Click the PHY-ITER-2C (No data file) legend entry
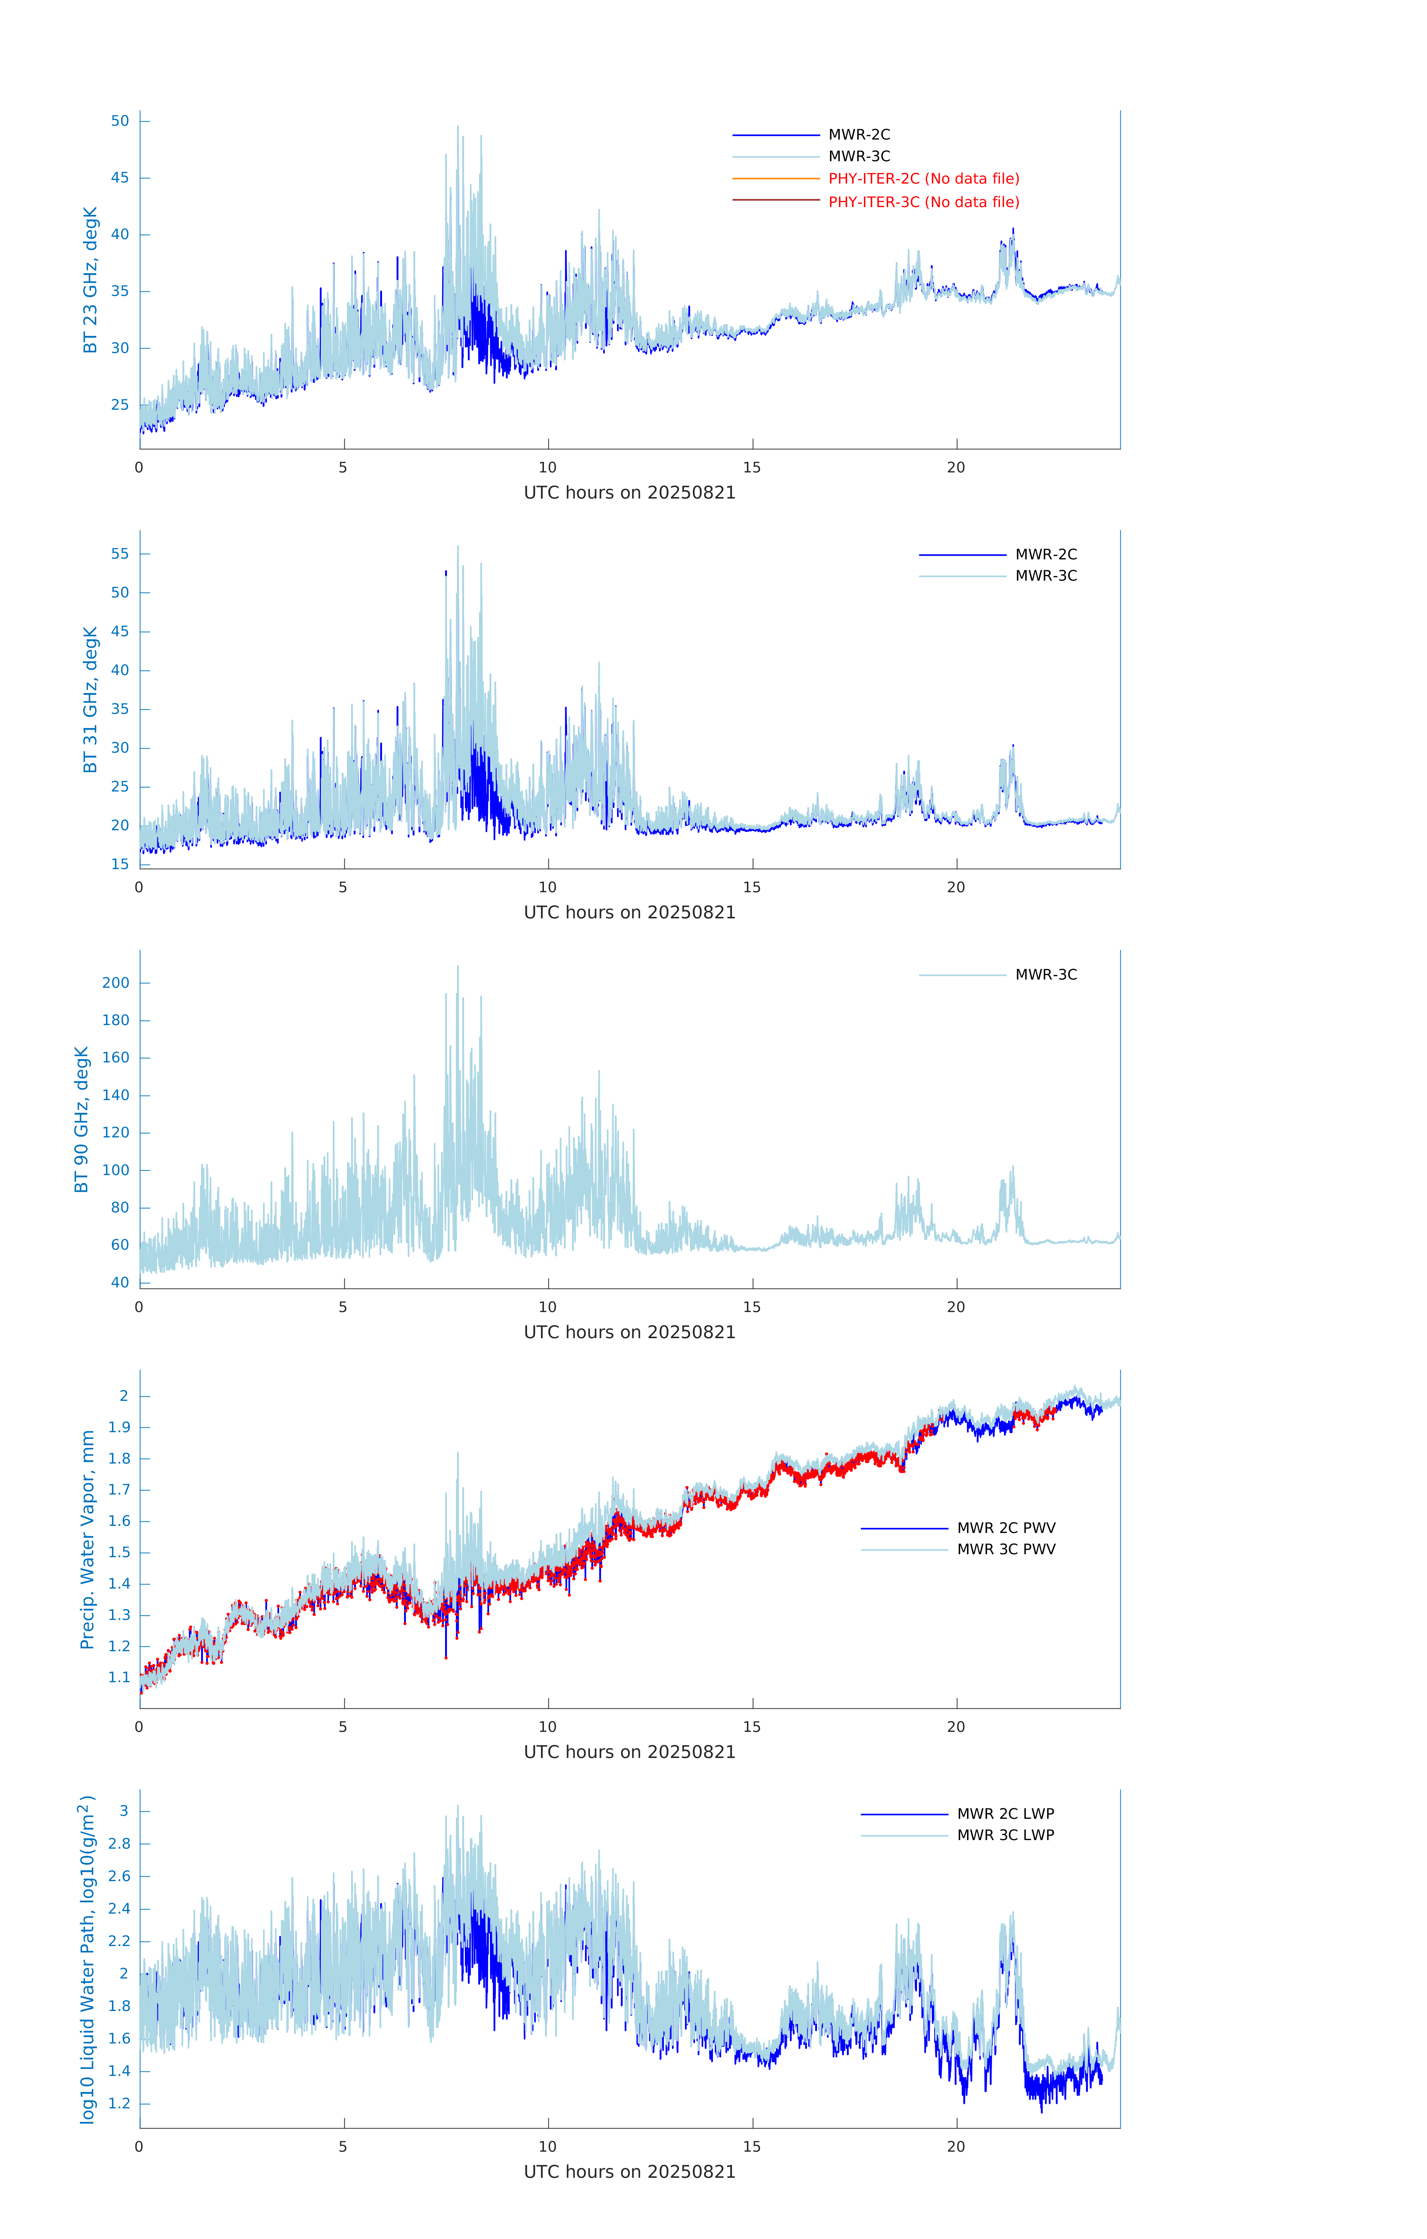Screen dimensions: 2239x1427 point(923,178)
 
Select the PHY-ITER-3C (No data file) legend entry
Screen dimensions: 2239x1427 point(923,202)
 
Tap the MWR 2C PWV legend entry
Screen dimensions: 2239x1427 point(1006,1528)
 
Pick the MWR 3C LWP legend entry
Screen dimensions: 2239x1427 point(1005,1834)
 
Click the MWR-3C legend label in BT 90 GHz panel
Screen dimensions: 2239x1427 point(1046,974)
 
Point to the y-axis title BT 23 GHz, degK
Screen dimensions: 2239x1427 point(90,280)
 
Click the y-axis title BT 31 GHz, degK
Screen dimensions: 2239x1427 point(90,699)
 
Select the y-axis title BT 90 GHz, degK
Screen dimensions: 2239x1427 point(82,1119)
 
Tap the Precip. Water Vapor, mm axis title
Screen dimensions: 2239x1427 point(87,1540)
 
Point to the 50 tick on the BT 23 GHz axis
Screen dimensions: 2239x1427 point(120,121)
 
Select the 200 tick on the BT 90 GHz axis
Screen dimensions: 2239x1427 point(116,983)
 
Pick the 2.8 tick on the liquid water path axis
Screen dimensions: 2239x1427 point(119,1843)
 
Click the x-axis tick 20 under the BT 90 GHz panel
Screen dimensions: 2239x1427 point(956,1306)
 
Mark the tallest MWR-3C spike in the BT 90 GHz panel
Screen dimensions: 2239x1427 point(457,967)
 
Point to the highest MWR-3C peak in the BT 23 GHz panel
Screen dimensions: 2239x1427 point(457,127)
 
